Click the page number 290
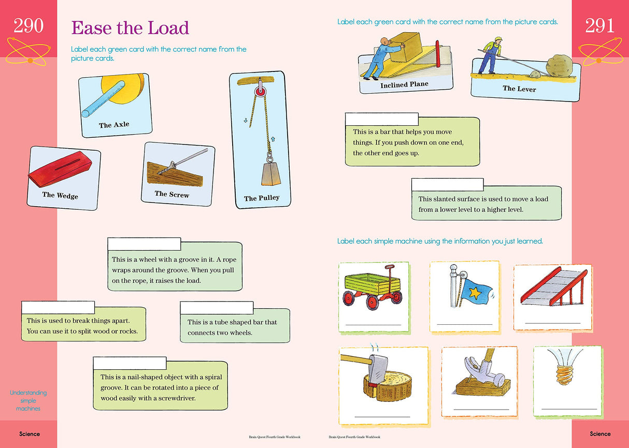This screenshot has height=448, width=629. (x=28, y=25)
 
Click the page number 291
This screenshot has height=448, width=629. (x=600, y=25)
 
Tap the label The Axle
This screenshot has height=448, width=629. (x=114, y=125)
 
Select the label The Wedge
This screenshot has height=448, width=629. (x=60, y=195)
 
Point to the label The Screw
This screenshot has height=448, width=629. (x=171, y=194)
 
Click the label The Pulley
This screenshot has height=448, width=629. (x=262, y=198)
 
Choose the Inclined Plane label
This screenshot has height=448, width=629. (x=404, y=84)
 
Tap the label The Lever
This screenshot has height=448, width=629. (x=519, y=89)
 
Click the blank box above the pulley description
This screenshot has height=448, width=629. (x=144, y=244)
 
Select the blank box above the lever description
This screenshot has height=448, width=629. (x=381, y=119)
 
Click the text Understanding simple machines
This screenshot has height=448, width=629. (x=28, y=400)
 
